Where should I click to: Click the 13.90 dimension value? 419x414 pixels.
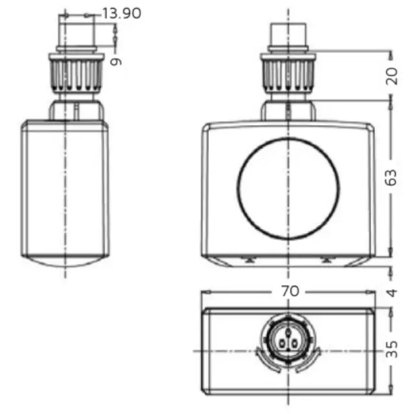click(x=122, y=13)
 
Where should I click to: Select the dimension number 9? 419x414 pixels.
click(x=116, y=61)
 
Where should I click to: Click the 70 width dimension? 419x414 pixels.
click(x=290, y=291)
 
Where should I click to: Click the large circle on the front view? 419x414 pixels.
click(x=288, y=188)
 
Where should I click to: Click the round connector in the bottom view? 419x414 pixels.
click(x=286, y=338)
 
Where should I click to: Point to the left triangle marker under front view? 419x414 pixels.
click(x=248, y=259)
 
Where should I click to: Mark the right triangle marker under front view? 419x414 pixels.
click(x=327, y=259)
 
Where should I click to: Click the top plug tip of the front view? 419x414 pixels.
click(x=288, y=34)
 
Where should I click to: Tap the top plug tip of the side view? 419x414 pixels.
click(x=77, y=29)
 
